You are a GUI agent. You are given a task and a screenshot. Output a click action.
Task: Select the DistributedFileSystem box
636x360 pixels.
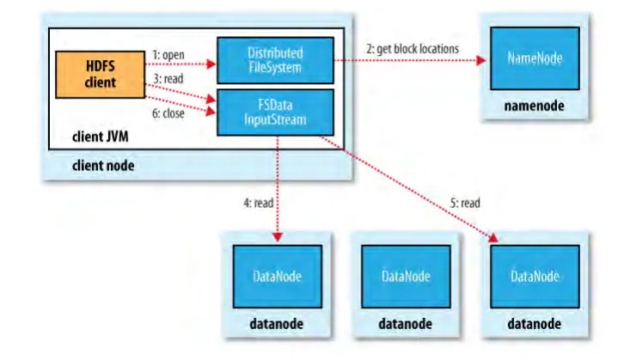point(273,60)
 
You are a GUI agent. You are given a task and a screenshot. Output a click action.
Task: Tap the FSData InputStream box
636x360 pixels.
point(273,109)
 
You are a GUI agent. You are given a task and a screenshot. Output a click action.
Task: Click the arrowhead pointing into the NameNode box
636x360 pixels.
point(483,60)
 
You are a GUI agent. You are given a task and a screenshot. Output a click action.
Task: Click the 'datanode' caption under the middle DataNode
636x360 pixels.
point(407,325)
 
